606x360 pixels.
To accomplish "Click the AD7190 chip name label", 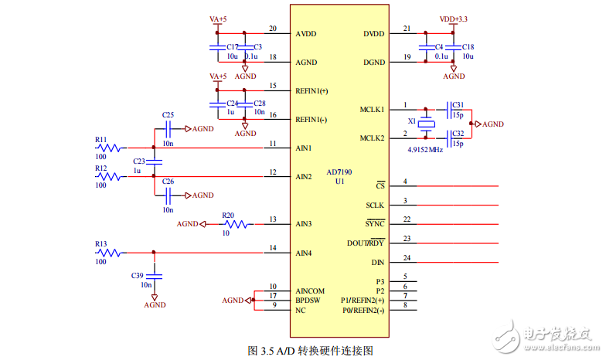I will pos(339,172).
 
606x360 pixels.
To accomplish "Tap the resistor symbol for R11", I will pos(109,148).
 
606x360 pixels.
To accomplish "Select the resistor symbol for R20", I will pos(237,224).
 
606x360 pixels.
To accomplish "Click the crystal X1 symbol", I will pos(427,123).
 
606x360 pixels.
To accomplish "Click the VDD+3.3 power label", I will pos(453,19).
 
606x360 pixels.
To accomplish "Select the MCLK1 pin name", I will pos(372,110).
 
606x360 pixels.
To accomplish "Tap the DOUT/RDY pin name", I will pos(366,243).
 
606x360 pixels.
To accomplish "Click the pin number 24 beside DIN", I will pos(407,257).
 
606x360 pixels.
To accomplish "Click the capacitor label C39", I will pos(138,275).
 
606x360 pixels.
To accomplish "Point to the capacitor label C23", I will pos(139,161).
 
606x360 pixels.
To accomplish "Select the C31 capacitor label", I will pos(458,104).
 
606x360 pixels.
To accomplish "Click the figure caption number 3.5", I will pos(267,351).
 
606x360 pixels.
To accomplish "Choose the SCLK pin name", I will pos(375,205).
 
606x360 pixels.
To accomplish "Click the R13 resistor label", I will pos(101,244).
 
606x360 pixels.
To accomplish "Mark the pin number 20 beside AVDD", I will pos(273,29).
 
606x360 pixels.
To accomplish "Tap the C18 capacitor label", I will pos(468,47).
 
